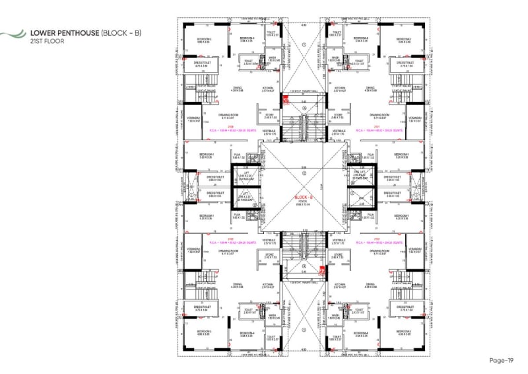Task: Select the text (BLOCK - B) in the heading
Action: click(x=122, y=32)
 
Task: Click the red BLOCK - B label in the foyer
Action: click(x=304, y=197)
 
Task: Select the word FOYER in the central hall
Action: click(x=304, y=201)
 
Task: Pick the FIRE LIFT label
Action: click(x=360, y=170)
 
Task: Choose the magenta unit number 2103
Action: click(x=231, y=239)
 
